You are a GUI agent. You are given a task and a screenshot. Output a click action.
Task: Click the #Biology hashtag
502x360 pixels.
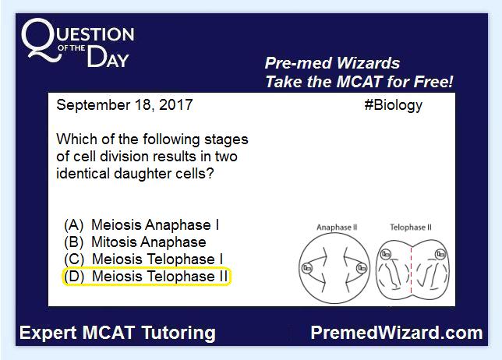[393, 105]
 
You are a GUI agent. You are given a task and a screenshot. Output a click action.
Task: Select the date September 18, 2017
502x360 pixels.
[125, 105]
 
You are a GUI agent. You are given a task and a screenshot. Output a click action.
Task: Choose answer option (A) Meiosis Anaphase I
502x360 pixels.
[142, 225]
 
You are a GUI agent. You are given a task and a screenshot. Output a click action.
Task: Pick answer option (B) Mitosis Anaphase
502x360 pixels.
[135, 242]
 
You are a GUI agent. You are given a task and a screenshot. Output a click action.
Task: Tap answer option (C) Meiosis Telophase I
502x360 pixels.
[143, 259]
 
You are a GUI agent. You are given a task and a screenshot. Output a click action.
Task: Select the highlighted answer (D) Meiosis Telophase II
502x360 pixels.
[147, 277]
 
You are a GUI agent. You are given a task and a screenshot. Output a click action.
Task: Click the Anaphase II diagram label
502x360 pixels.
[337, 228]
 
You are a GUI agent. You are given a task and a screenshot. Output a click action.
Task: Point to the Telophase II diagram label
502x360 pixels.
[411, 228]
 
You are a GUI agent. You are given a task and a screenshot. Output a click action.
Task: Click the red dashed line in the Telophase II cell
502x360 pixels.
[411, 270]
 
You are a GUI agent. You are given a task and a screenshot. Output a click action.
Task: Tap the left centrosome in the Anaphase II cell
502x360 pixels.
[307, 268]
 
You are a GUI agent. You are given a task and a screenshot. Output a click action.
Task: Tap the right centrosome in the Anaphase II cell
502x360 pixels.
[362, 268]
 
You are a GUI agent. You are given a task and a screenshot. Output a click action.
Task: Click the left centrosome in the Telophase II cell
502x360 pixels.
[386, 254]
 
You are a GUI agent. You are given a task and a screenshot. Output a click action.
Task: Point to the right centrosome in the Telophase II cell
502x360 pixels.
[440, 254]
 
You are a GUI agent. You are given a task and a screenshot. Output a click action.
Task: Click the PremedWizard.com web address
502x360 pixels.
[397, 333]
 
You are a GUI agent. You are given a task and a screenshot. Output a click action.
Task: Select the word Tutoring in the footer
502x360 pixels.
[179, 334]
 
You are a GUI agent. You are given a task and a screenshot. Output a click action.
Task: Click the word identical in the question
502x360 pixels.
[83, 174]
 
